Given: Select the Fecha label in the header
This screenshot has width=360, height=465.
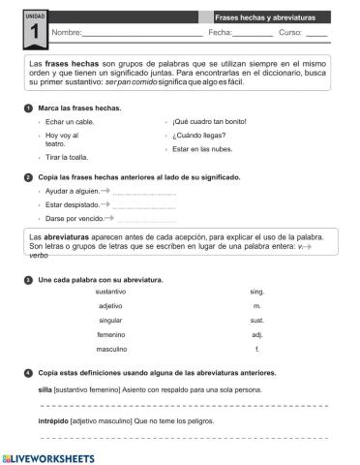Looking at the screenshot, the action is [219, 33].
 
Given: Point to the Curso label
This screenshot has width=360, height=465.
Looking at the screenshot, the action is [290, 33].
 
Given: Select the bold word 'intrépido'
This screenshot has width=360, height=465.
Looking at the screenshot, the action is [39, 422].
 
